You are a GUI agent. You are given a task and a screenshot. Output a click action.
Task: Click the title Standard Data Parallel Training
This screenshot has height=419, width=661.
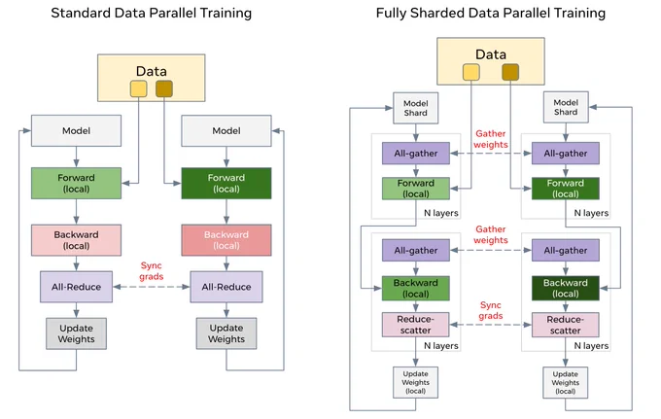[152, 13]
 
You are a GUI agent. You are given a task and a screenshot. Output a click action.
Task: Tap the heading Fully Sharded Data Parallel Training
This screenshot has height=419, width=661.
[491, 13]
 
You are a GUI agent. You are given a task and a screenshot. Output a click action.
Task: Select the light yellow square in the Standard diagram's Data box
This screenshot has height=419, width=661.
[139, 88]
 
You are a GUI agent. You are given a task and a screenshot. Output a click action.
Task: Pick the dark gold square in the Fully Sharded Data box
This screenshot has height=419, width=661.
[510, 72]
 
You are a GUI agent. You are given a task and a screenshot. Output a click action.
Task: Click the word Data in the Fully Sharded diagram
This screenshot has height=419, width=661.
[491, 54]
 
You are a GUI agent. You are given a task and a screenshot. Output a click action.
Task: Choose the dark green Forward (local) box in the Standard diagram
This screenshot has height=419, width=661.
[226, 184]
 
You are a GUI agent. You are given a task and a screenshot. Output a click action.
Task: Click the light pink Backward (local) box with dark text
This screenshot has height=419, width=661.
[76, 240]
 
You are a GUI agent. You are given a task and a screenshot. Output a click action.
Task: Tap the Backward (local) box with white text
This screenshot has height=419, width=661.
[226, 240]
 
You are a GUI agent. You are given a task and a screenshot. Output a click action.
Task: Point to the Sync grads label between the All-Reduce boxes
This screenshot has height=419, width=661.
[152, 271]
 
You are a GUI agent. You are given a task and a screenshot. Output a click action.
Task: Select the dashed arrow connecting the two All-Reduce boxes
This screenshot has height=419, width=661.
[152, 287]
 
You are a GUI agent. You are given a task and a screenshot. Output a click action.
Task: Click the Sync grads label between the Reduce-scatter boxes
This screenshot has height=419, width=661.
[491, 311]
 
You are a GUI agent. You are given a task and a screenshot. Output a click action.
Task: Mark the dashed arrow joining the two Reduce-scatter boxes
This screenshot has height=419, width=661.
[491, 325]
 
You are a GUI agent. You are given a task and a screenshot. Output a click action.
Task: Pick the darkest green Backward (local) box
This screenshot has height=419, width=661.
[566, 289]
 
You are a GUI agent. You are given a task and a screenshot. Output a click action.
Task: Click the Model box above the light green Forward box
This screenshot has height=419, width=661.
[76, 131]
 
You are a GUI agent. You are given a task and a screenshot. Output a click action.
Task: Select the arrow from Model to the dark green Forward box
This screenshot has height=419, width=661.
[226, 157]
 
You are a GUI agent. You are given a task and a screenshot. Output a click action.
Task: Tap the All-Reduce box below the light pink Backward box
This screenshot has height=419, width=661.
[76, 287]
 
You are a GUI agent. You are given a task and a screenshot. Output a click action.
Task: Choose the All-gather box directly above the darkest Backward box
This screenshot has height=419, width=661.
[566, 251]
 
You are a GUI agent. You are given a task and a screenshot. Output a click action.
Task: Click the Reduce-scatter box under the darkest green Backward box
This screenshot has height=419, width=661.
[566, 325]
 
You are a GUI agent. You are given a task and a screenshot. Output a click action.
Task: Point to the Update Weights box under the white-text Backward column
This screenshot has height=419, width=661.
[226, 333]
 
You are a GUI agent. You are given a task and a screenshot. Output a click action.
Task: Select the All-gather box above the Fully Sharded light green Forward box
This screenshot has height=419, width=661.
[416, 154]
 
